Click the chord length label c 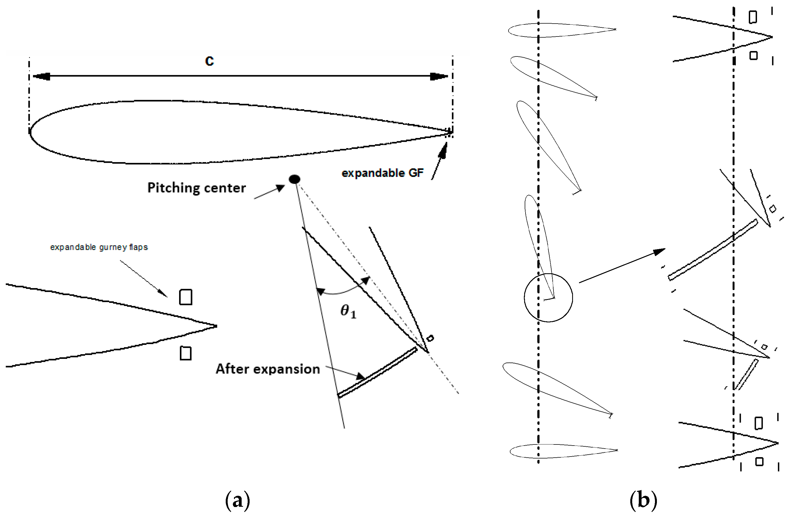(209, 61)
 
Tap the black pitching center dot (294, 179)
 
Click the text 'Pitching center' (196, 188)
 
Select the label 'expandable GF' (382, 173)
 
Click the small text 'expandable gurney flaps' (99, 247)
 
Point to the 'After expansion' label (267, 369)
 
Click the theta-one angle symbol (348, 311)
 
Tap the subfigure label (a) (238, 500)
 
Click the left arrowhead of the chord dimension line (41, 77)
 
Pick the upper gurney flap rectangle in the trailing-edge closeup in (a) (185, 297)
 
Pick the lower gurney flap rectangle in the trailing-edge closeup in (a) (185, 353)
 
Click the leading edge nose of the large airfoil (31, 132)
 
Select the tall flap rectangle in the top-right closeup (753, 17)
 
